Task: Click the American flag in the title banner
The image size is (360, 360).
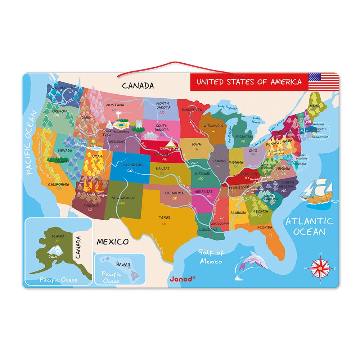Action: pos(324,82)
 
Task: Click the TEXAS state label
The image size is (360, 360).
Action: pos(164,217)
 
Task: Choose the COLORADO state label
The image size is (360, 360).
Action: pos(133,165)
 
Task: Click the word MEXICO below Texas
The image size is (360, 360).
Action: pos(112,241)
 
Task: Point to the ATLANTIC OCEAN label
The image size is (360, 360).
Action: pos(309,226)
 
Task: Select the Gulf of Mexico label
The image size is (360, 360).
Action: pos(211,257)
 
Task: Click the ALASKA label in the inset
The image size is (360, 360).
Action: pos(58,236)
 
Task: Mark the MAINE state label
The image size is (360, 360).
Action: pos(315,106)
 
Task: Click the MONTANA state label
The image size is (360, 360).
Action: pos(115,105)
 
